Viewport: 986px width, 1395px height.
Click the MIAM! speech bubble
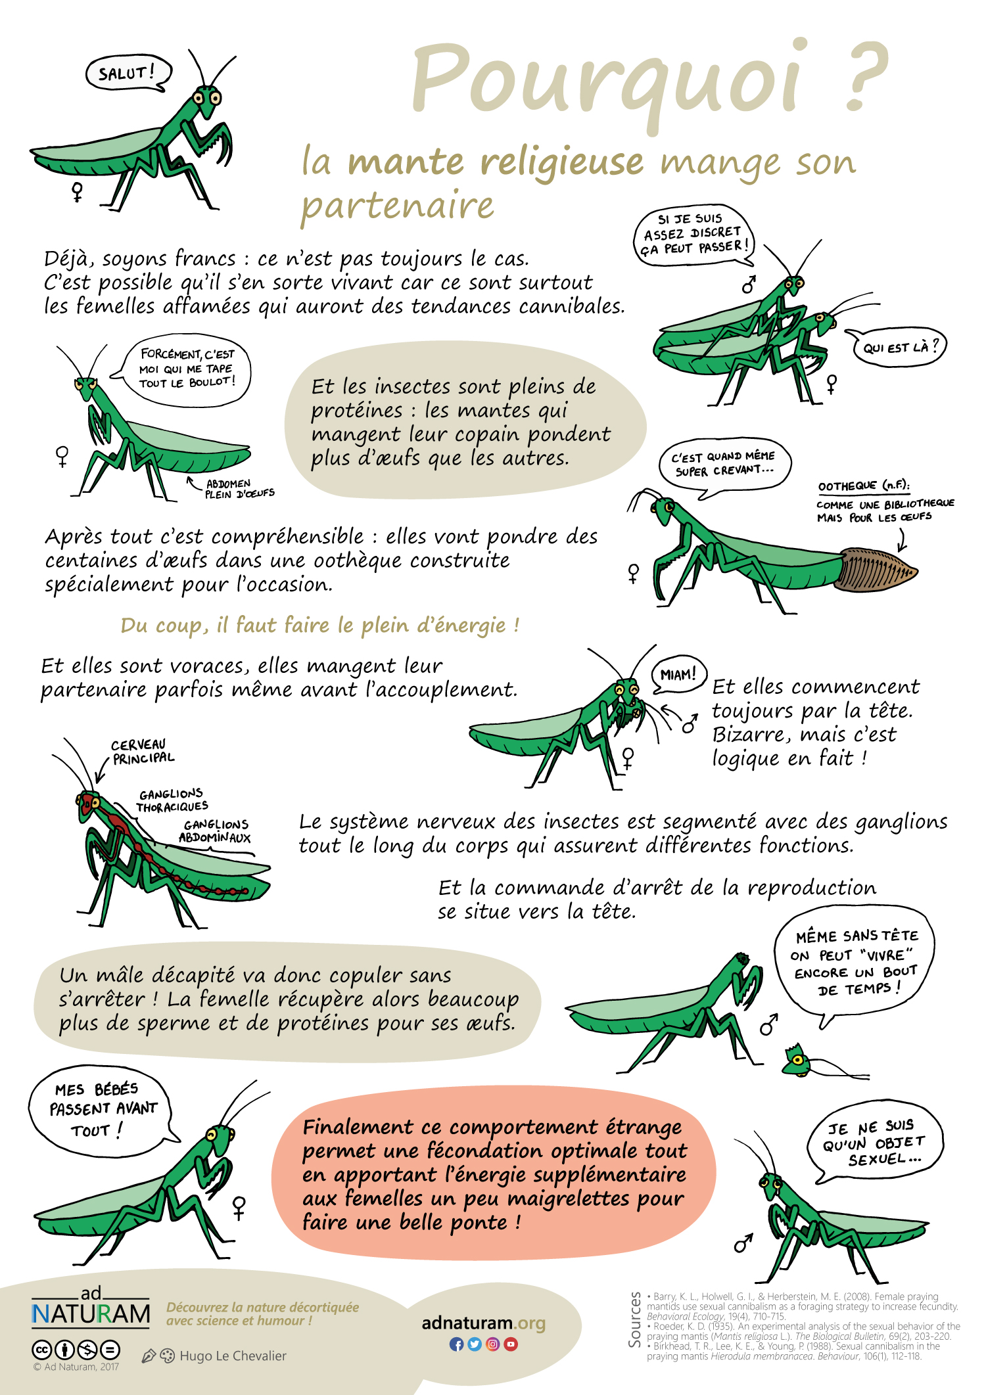click(x=678, y=675)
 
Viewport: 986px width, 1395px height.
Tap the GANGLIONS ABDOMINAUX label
click(x=215, y=831)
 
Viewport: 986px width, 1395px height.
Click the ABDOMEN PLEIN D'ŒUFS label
click(x=239, y=489)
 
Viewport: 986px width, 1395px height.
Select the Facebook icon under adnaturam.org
click(x=456, y=1344)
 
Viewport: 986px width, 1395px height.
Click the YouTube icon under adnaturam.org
click(x=511, y=1344)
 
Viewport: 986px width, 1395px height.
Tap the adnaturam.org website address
click(x=483, y=1323)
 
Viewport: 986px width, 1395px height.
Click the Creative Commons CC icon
click(x=41, y=1350)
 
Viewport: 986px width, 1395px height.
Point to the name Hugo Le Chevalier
click(x=233, y=1356)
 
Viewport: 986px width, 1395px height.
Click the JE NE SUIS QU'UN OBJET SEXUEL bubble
click(x=874, y=1144)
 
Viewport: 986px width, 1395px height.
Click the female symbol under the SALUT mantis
click(x=78, y=192)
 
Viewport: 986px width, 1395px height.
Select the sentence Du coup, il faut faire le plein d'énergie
click(x=320, y=625)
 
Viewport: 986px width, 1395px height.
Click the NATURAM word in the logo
click(x=91, y=1314)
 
